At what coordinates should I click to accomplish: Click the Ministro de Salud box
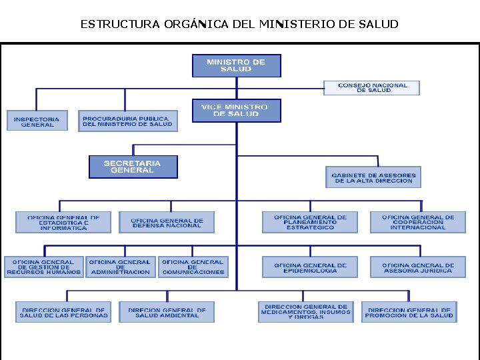(x=236, y=66)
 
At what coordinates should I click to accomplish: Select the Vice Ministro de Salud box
(x=236, y=111)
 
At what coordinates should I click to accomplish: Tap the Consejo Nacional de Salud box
(x=373, y=88)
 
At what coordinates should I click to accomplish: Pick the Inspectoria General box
(x=37, y=121)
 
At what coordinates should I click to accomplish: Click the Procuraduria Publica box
(x=127, y=121)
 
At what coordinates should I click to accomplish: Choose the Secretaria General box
(x=133, y=167)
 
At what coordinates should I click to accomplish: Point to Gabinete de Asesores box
(x=373, y=177)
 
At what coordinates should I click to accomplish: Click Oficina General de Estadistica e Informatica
(x=63, y=223)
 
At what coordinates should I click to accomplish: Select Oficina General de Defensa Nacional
(x=167, y=223)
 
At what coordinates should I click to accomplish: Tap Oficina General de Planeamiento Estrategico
(x=310, y=223)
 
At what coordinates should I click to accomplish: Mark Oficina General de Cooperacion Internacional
(x=418, y=223)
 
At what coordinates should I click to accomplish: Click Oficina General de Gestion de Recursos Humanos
(x=44, y=267)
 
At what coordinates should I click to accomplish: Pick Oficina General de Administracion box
(x=121, y=267)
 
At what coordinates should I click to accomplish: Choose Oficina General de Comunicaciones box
(x=193, y=267)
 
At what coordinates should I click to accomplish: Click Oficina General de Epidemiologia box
(x=310, y=267)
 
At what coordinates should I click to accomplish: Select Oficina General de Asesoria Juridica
(x=418, y=267)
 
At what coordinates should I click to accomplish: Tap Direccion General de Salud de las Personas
(x=63, y=312)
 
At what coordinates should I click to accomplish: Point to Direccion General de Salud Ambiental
(x=167, y=312)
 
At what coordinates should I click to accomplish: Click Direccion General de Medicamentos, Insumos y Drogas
(x=306, y=312)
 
